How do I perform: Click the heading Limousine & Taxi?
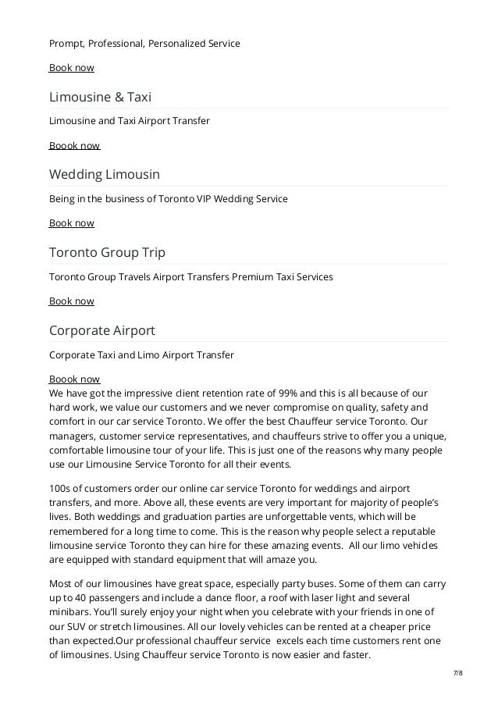click(x=100, y=97)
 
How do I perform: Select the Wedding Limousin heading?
click(x=105, y=174)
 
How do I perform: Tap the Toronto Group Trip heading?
click(x=107, y=252)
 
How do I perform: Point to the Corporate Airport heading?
click(x=102, y=330)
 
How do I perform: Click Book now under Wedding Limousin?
click(x=72, y=223)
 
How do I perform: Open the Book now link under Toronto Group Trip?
click(x=72, y=301)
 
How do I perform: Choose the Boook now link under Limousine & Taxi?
click(x=75, y=145)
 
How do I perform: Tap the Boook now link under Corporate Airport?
click(x=75, y=379)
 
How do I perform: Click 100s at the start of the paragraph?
click(x=61, y=489)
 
